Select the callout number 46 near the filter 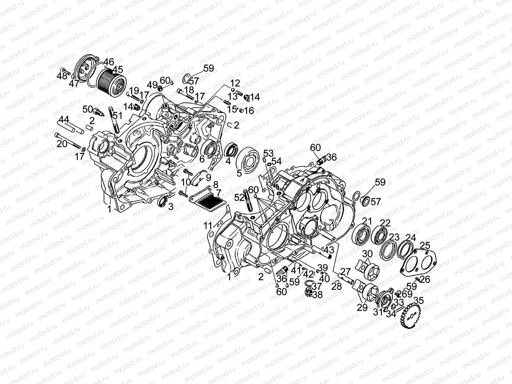pyautogui.click(x=109, y=61)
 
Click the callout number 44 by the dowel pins pyautogui.click(x=64, y=120)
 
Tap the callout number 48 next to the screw pyautogui.click(x=62, y=76)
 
